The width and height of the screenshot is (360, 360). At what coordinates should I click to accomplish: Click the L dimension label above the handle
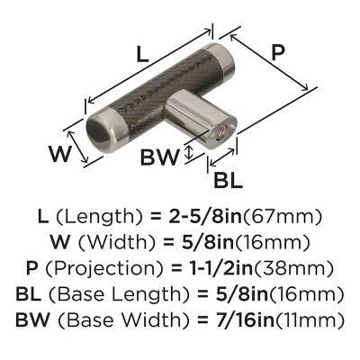pyautogui.click(x=142, y=55)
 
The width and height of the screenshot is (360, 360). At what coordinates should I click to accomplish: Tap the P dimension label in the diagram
pyautogui.click(x=277, y=53)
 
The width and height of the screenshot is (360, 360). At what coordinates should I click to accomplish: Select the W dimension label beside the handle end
pyautogui.click(x=60, y=154)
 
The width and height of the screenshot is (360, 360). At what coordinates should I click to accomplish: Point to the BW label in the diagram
pyautogui.click(x=159, y=157)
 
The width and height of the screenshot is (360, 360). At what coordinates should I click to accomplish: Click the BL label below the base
pyautogui.click(x=228, y=180)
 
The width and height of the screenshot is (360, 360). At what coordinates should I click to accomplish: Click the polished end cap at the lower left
pyautogui.click(x=103, y=130)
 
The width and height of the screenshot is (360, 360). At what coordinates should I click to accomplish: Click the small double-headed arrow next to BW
pyautogui.click(x=188, y=152)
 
